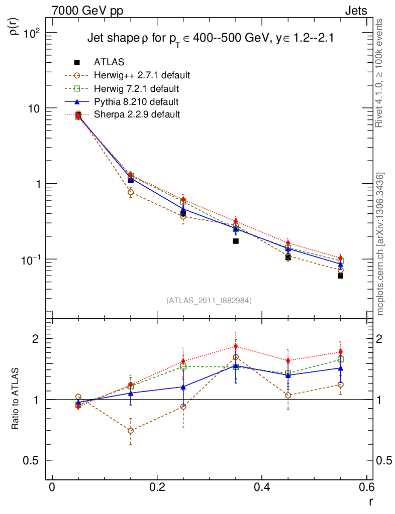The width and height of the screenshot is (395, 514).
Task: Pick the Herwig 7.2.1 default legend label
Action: [136, 89]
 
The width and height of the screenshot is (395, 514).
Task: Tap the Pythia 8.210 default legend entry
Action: [136, 102]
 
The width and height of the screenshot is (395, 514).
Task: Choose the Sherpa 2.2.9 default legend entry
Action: [137, 114]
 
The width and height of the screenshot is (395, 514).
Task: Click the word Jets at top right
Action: [355, 11]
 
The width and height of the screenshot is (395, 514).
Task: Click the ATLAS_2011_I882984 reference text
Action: [209, 300]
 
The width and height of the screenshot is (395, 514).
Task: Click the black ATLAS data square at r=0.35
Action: [235, 241]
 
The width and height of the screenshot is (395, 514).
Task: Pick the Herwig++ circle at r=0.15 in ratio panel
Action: [131, 431]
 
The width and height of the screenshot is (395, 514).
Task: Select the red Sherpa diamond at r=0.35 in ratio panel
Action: [235, 346]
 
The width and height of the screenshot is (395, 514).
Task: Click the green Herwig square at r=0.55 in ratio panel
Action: [340, 359]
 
